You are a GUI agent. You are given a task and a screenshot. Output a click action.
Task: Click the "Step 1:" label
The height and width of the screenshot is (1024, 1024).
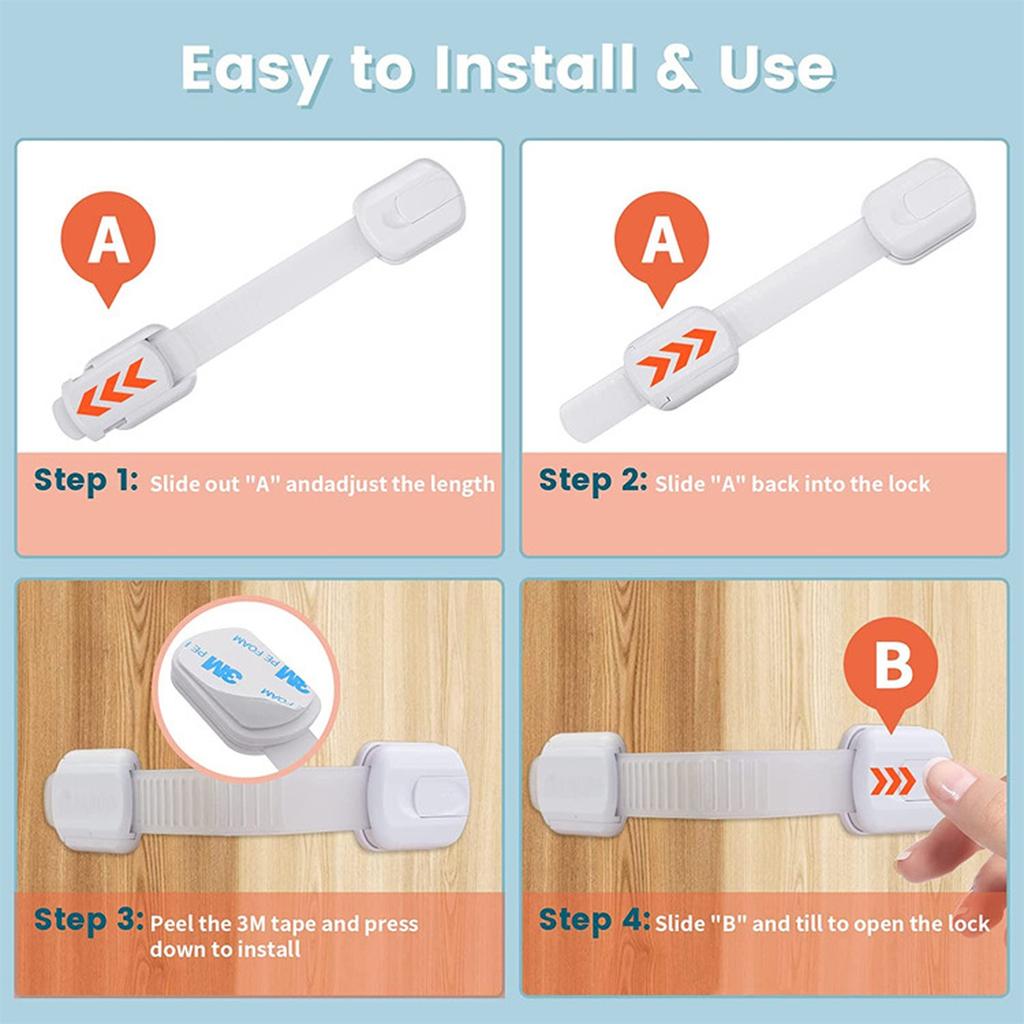[x=85, y=481]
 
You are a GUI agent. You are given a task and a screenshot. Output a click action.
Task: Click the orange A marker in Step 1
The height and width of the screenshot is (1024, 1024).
[x=108, y=243]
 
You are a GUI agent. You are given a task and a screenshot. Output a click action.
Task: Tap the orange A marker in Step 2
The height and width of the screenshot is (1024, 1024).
[x=660, y=243]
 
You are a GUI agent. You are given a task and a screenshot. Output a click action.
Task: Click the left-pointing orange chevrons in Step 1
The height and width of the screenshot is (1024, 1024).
[x=116, y=388]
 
